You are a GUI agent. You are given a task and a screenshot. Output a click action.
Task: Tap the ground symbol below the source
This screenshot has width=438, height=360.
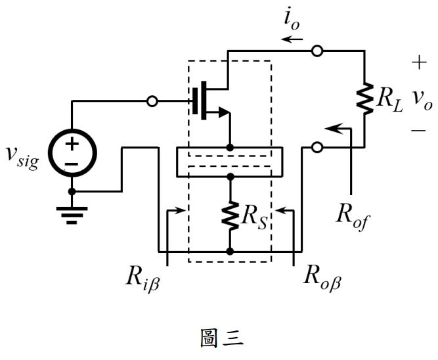[72, 213]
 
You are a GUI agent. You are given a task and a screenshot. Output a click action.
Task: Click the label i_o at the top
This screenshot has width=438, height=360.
[292, 20]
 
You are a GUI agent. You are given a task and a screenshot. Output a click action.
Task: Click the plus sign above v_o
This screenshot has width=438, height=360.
[418, 63]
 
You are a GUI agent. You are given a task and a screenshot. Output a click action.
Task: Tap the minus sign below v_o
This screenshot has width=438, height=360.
[418, 131]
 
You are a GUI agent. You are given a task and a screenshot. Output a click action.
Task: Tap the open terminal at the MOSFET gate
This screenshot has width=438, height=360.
[152, 101]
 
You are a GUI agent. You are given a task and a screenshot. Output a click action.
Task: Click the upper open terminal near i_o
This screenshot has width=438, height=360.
[317, 50]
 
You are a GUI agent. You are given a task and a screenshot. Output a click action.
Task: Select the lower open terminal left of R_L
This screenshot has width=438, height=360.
[317, 147]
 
